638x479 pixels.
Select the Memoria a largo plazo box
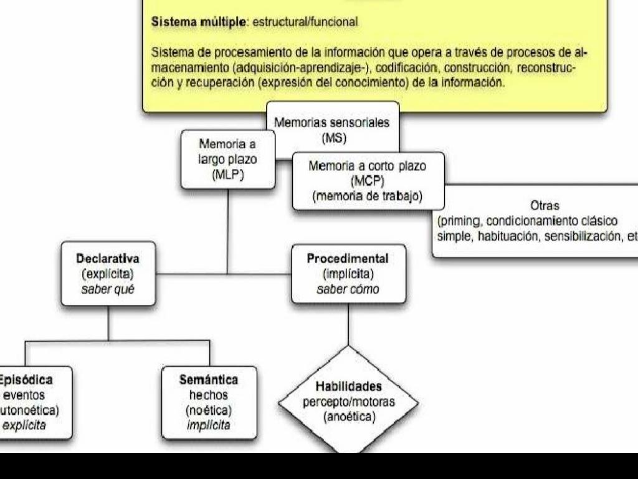point(227,159)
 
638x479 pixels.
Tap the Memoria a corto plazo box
point(368,181)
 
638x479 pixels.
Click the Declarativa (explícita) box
point(108,274)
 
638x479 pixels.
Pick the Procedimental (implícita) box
point(348,274)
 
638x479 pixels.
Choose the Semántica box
point(209,402)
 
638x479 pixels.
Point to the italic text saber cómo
point(348,289)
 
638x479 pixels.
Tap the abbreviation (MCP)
point(368,181)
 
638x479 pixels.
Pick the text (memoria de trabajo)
point(368,196)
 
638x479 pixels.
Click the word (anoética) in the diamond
point(349,417)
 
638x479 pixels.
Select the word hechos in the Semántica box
point(209,395)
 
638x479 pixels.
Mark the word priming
point(460,221)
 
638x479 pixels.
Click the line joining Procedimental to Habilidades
point(348,324)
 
